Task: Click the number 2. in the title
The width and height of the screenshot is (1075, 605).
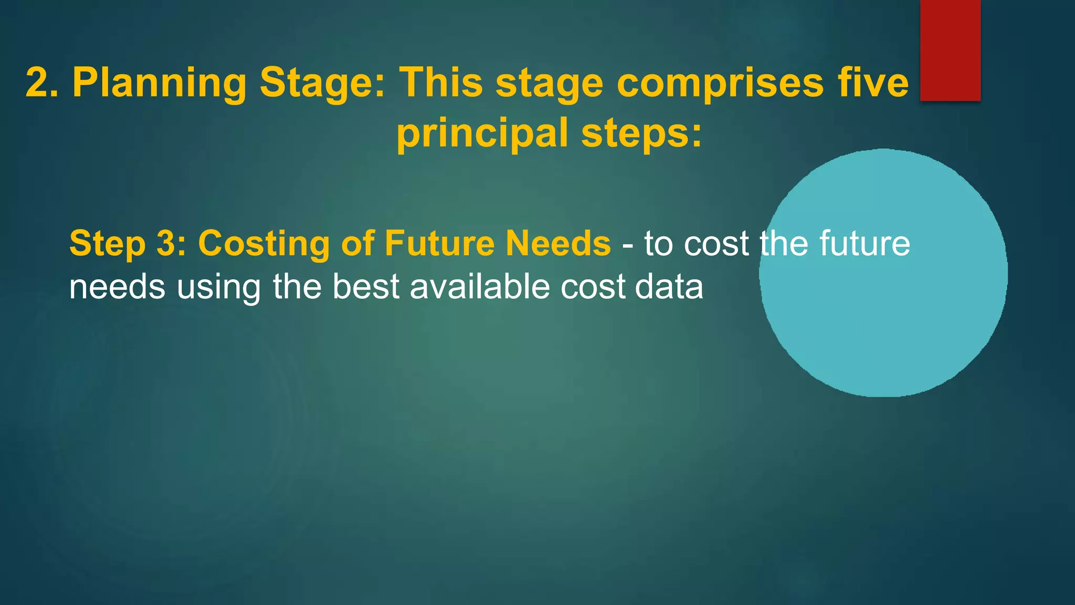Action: (x=44, y=82)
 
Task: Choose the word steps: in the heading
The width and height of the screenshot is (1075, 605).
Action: (x=641, y=133)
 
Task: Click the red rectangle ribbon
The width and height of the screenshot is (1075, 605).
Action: (x=950, y=50)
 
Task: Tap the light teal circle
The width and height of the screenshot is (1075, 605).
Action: (x=883, y=315)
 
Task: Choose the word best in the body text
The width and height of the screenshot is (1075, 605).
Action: (x=366, y=287)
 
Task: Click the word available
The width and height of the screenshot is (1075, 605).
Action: (x=480, y=287)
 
